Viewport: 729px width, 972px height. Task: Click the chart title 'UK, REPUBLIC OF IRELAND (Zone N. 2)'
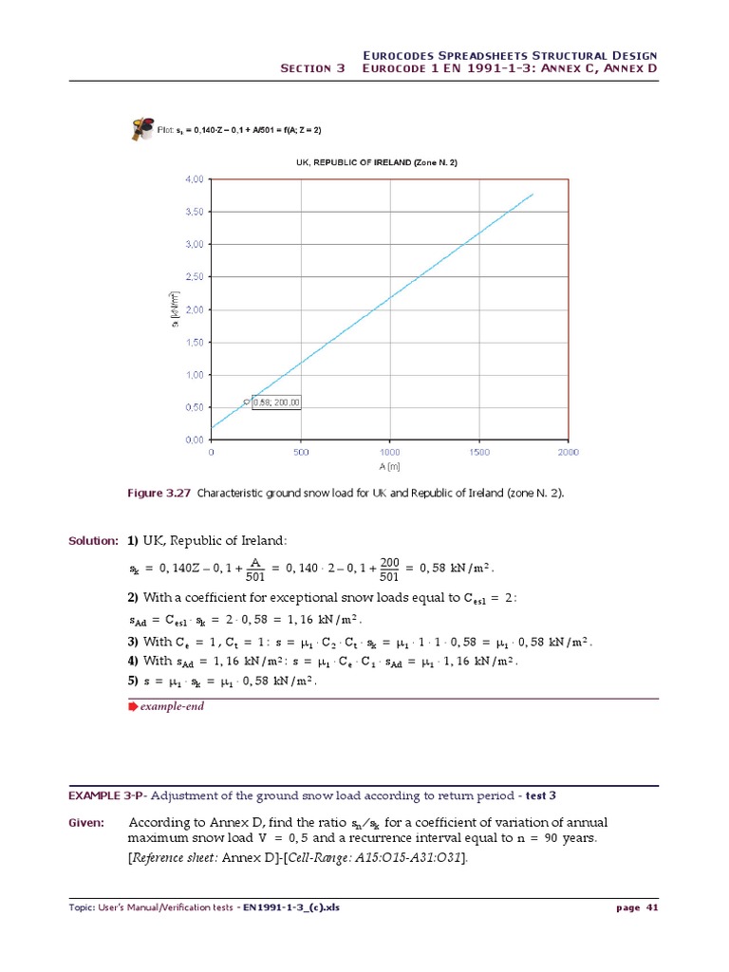(377, 162)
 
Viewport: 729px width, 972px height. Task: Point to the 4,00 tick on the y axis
(194, 178)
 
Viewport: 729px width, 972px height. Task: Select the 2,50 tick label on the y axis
(194, 276)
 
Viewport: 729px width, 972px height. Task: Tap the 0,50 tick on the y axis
(194, 407)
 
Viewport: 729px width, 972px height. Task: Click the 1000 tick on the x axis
(389, 453)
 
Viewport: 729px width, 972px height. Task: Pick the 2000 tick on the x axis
(567, 453)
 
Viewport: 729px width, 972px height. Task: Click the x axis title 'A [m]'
(389, 466)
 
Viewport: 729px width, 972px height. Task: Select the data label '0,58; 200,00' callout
(276, 402)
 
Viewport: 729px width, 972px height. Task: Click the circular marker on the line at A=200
(247, 402)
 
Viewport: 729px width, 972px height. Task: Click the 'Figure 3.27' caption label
(158, 494)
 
